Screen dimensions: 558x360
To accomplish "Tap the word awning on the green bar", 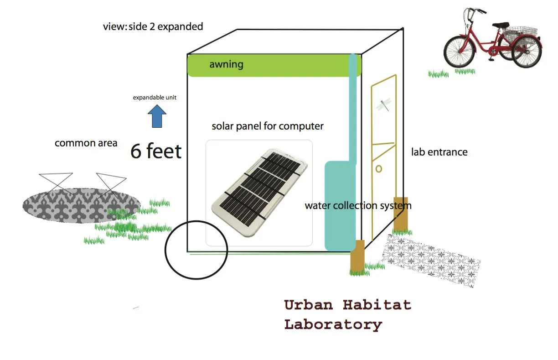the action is click(x=226, y=64).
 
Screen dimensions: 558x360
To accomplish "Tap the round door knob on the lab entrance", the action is click(x=378, y=169).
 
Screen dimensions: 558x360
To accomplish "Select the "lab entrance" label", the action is click(x=439, y=152).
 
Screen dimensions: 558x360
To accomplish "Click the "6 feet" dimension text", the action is click(x=156, y=151).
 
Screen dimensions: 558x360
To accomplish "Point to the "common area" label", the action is click(x=86, y=143).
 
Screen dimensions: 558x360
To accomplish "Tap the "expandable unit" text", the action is click(x=155, y=98).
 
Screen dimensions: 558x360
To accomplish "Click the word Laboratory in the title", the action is click(x=333, y=324).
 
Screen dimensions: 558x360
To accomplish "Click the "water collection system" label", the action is click(x=358, y=206).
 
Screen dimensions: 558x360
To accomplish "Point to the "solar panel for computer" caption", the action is click(x=268, y=126).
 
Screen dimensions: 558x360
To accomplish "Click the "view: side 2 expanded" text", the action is click(x=153, y=26).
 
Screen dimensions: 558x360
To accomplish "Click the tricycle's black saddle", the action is click(x=500, y=25).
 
